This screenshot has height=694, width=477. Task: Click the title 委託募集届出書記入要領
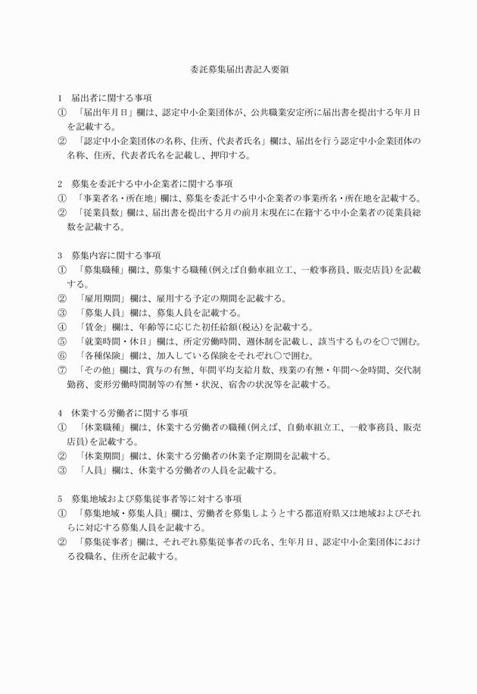pos(238,69)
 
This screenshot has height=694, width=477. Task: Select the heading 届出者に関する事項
pos(111,98)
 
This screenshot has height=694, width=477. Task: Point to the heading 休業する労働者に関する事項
pos(129,413)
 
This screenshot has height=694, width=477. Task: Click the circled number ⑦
pos(62,370)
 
